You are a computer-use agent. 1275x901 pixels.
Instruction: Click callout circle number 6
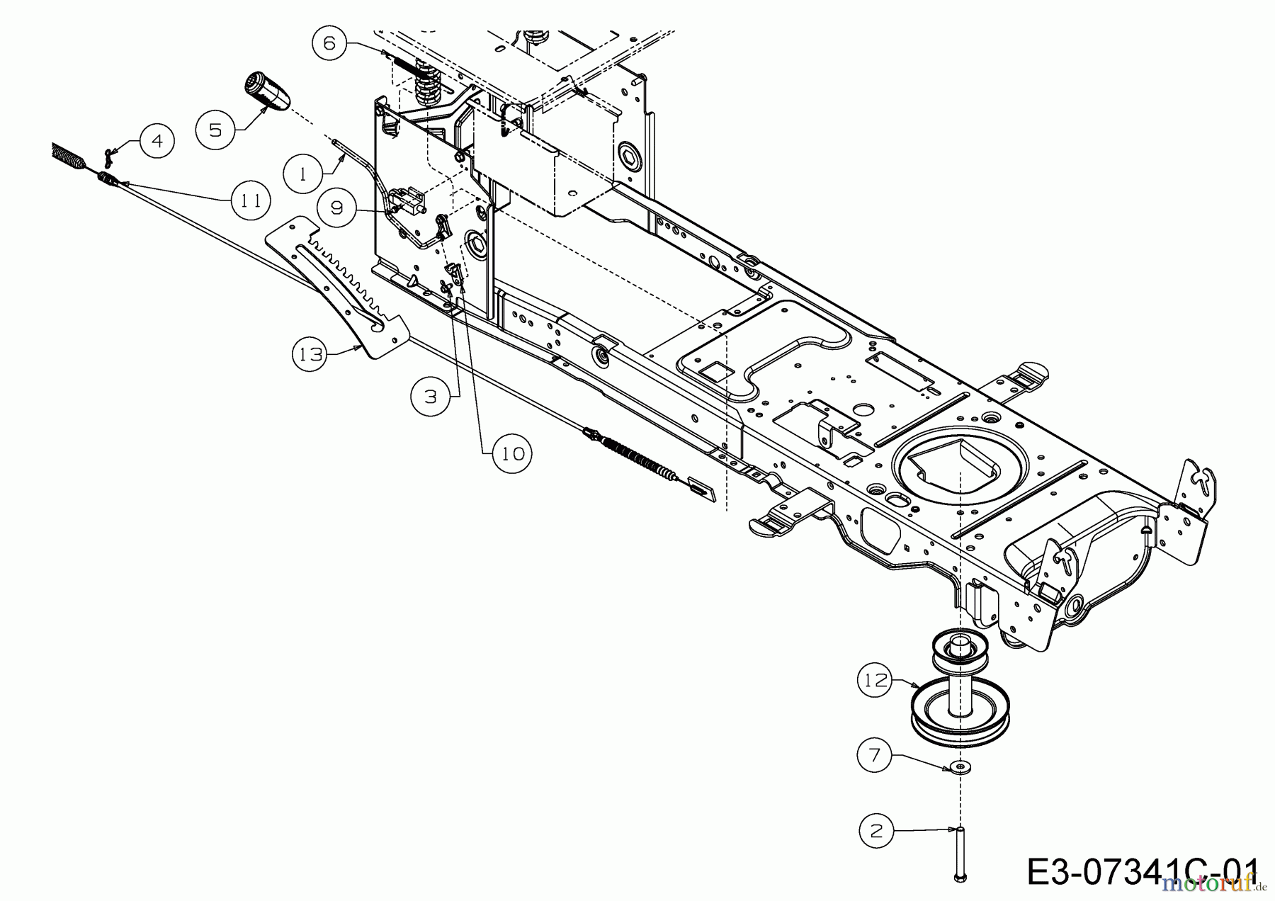(330, 43)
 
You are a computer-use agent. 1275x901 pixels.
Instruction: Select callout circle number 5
(215, 130)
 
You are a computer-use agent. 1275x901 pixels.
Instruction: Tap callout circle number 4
(157, 141)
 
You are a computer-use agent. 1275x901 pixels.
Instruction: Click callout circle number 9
(336, 208)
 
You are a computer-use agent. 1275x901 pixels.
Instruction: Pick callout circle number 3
(431, 397)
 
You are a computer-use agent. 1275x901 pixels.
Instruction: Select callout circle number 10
(512, 453)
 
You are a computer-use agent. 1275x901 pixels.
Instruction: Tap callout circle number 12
(876, 680)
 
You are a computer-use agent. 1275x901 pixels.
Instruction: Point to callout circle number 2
(877, 831)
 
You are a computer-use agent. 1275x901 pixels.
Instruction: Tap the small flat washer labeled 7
(960, 767)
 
